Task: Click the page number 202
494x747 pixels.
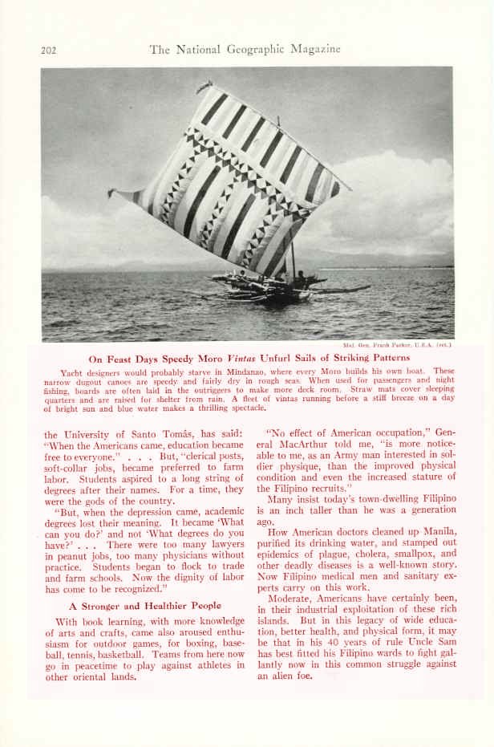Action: point(48,50)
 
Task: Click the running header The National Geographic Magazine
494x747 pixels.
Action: point(245,49)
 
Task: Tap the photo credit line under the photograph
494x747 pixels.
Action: point(393,346)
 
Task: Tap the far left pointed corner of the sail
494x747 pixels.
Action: point(112,193)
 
